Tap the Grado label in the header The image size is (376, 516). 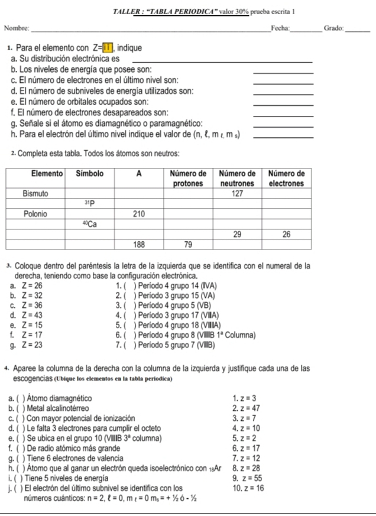[333, 28]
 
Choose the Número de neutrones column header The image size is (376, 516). [237, 178]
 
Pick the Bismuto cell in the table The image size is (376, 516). [35, 193]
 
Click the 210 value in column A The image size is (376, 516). [139, 213]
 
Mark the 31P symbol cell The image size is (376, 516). [89, 203]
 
